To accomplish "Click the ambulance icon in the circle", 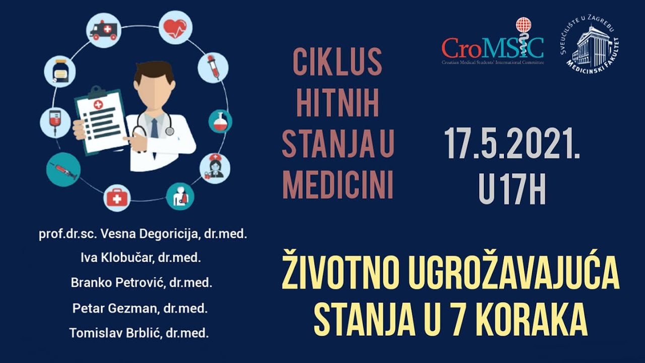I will tap(103, 30).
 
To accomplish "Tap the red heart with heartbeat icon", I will tap(175, 28).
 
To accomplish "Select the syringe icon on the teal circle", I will tap(63, 169).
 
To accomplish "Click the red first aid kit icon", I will tap(117, 198).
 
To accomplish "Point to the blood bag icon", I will tap(55, 122).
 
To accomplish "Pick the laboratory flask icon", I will tap(220, 122).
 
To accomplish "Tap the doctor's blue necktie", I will tap(154, 127).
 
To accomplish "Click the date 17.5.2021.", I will tap(512, 144).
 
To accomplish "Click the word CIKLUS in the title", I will tap(337, 63).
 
